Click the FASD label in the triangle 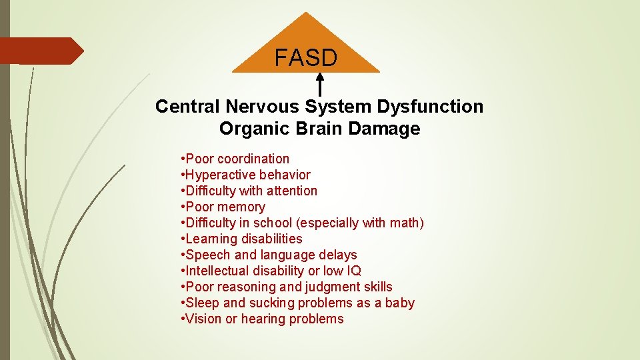tap(306, 58)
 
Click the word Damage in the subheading tap(389, 129)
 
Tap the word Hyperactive tap(219, 175)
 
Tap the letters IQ tap(353, 271)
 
